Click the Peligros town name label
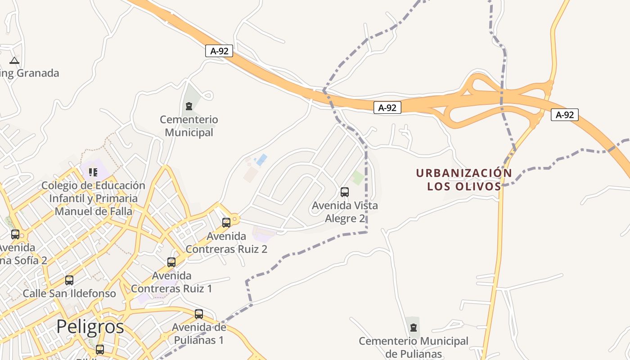(90, 327)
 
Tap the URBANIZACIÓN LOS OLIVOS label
(464, 180)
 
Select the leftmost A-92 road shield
(219, 51)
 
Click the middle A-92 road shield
(387, 108)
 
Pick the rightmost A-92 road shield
(565, 115)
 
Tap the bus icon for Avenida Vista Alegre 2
(345, 192)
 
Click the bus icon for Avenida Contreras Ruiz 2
(226, 222)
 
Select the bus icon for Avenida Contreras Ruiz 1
(171, 262)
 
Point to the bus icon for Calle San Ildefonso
(69, 280)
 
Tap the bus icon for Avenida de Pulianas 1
(199, 314)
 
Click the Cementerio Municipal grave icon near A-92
(189, 106)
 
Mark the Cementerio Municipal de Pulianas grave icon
(414, 327)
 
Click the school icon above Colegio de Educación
(93, 172)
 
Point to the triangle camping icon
(14, 60)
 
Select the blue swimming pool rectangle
(261, 159)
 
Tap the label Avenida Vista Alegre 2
(345, 212)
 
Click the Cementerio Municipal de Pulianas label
(414, 347)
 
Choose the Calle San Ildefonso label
(69, 294)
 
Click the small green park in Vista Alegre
(358, 177)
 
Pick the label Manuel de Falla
(94, 211)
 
